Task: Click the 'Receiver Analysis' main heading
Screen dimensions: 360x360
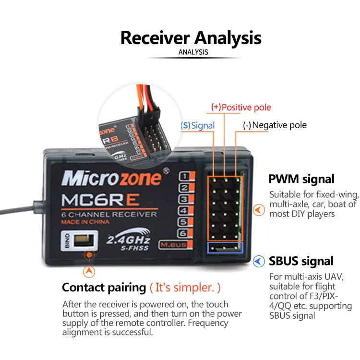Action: point(191,37)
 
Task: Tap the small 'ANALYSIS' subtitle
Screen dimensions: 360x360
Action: point(193,52)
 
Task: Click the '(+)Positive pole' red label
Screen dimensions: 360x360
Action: point(241,108)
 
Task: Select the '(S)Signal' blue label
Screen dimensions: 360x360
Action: point(197,125)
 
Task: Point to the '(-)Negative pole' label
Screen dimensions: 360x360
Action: point(274,125)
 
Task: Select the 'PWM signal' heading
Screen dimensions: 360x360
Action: point(301,179)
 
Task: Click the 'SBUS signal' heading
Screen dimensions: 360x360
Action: point(301,261)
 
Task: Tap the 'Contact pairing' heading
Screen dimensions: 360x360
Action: point(104,288)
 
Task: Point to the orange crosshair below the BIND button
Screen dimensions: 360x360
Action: point(89,255)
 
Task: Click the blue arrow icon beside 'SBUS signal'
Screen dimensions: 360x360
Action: point(259,261)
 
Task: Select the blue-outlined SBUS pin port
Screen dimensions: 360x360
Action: point(225,247)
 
